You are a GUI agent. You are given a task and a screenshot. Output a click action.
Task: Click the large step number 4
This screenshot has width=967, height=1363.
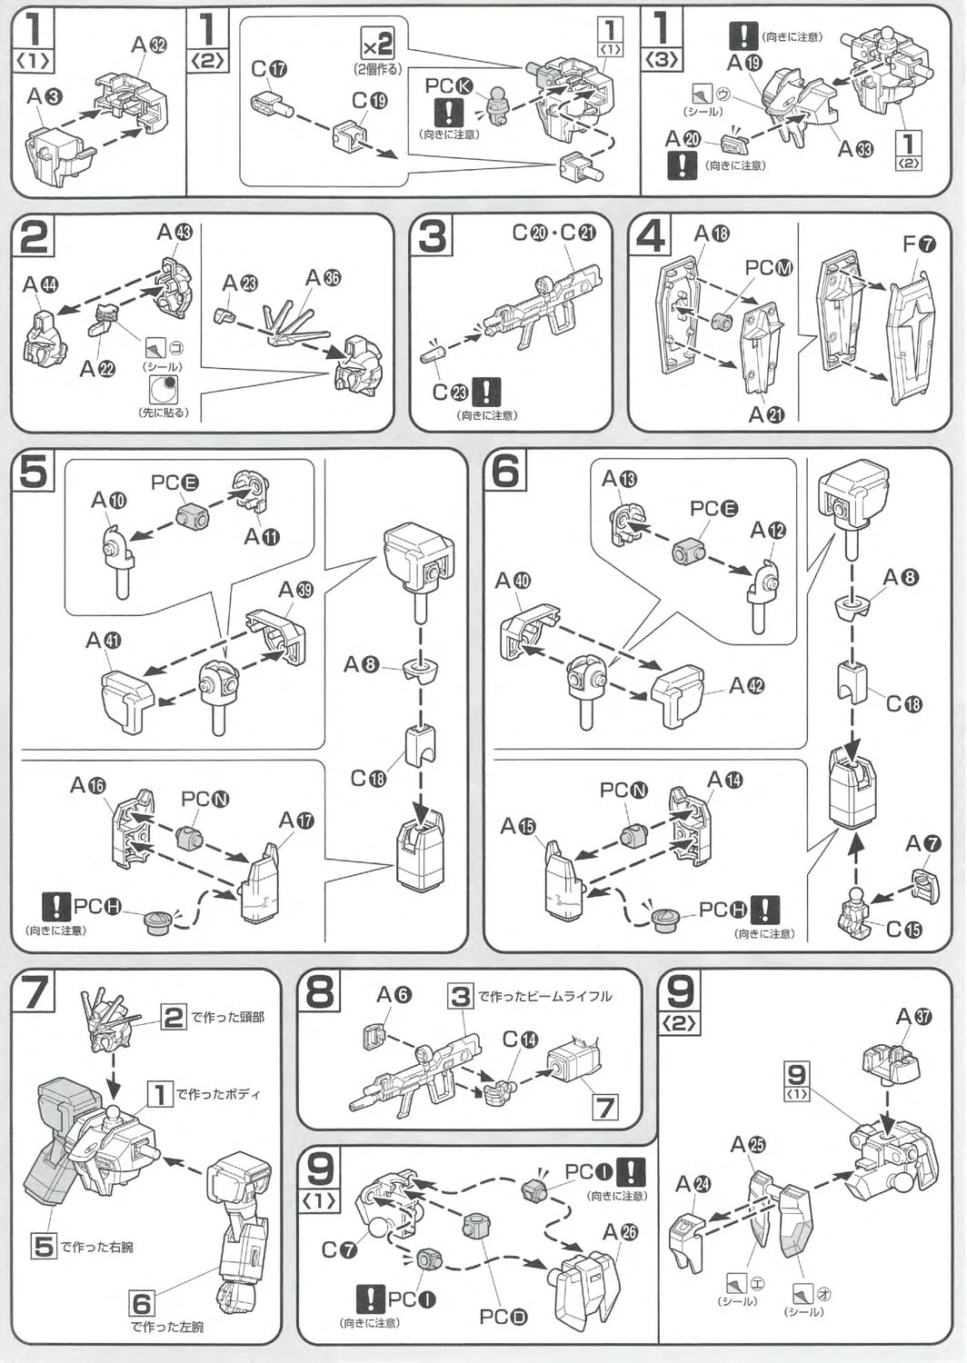click(x=651, y=236)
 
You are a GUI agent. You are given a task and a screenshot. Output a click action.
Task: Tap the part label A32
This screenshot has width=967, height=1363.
click(x=149, y=45)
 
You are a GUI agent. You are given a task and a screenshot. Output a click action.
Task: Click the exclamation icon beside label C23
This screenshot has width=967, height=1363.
click(x=487, y=392)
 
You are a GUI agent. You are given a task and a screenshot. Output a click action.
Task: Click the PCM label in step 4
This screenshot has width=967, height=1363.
click(x=769, y=267)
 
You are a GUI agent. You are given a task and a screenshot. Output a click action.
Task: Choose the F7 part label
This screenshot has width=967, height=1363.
click(x=918, y=244)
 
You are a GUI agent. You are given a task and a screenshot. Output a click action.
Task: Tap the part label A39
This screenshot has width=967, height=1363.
click(x=295, y=590)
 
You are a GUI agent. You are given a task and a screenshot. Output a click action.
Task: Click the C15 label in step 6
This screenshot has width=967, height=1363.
click(x=903, y=929)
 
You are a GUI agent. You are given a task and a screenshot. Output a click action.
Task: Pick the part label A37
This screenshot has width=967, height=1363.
click(x=913, y=1016)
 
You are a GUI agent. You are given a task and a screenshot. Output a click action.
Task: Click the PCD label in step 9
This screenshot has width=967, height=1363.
click(x=503, y=1317)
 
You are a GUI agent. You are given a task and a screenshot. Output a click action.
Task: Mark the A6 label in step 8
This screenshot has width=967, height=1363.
click(x=394, y=995)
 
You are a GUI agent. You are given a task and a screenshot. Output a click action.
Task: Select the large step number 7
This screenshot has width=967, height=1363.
click(x=34, y=991)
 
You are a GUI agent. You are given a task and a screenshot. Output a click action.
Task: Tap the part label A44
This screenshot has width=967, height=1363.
click(x=40, y=285)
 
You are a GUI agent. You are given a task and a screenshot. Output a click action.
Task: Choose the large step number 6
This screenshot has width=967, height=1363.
click(x=504, y=471)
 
